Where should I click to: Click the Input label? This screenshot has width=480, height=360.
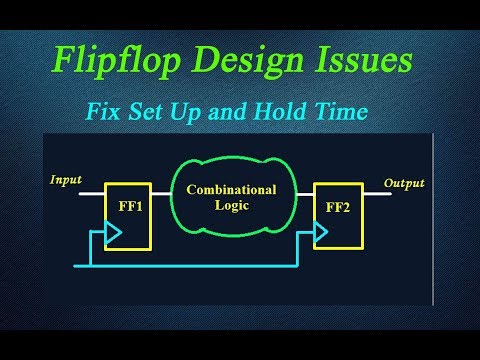tap(66, 180)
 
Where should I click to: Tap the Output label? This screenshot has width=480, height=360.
tap(404, 183)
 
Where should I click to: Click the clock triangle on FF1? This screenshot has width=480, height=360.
tap(113, 234)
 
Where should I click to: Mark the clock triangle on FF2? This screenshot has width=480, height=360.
tap(320, 234)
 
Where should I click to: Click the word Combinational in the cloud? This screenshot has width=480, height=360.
tap(230, 189)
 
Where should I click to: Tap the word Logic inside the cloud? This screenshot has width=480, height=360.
tap(230, 207)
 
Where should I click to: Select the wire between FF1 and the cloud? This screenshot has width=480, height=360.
tap(161, 193)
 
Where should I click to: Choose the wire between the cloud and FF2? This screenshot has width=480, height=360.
tap(301, 193)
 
